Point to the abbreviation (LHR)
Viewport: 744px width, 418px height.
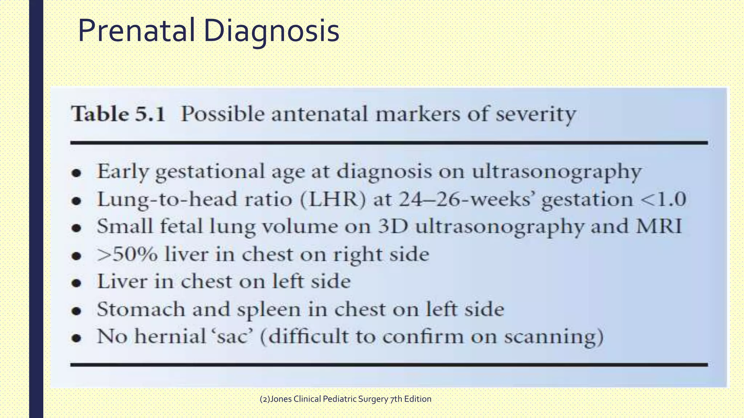point(333,200)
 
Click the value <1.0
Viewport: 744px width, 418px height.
point(663,200)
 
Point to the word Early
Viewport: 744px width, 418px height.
point(122,172)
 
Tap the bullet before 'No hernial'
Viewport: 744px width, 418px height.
point(76,338)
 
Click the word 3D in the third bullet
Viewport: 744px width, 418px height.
point(393,226)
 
